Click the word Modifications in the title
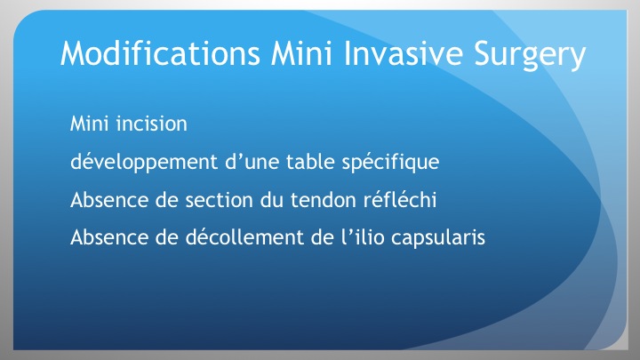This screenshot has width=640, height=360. (160, 53)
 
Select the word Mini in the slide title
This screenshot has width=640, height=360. (301, 53)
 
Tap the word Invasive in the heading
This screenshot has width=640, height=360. (404, 53)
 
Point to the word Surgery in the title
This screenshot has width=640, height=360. (530, 55)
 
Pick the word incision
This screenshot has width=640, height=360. (151, 124)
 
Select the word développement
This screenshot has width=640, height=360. (144, 162)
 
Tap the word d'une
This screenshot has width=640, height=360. (251, 162)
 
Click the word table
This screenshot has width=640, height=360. (310, 162)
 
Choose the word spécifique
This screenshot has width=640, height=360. (390, 163)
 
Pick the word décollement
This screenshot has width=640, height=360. (244, 237)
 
